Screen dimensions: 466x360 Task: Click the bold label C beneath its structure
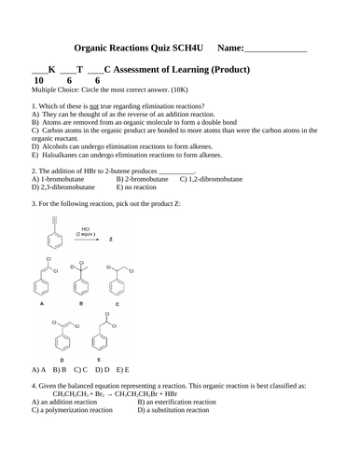117,304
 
